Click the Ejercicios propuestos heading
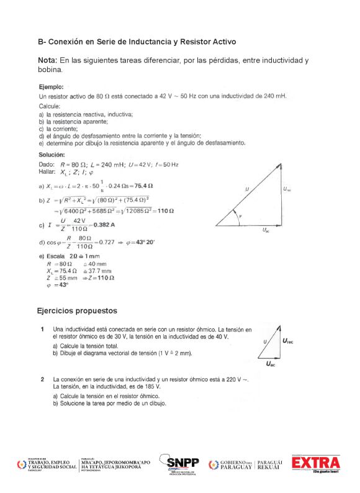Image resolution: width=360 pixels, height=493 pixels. (77, 310)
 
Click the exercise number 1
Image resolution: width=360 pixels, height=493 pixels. (42, 328)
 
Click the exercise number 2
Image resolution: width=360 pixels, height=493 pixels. (42, 378)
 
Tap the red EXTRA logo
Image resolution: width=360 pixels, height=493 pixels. (317, 463)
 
